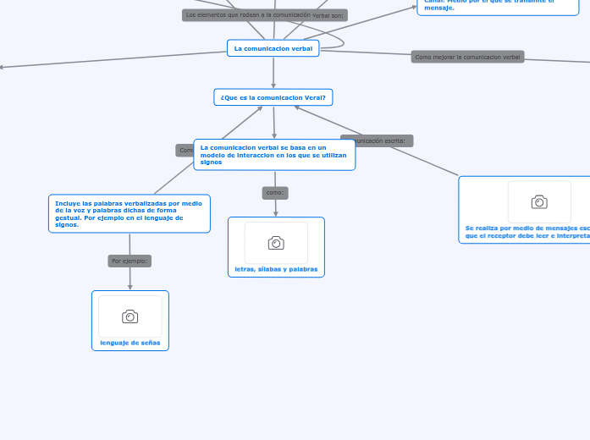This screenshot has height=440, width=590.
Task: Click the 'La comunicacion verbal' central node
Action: click(x=273, y=49)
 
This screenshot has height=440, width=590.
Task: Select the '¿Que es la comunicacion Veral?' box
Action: click(x=273, y=97)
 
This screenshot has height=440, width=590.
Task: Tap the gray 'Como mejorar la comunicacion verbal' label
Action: click(x=467, y=57)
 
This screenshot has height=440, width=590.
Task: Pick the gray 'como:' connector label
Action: click(x=275, y=193)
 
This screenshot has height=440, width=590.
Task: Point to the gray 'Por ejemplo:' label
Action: click(x=130, y=261)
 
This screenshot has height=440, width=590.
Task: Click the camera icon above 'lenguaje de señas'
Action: click(x=130, y=316)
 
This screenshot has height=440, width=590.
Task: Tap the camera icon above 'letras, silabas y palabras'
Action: click(x=276, y=243)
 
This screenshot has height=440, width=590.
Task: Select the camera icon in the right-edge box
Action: click(x=539, y=201)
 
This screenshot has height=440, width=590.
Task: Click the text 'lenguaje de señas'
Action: click(x=130, y=343)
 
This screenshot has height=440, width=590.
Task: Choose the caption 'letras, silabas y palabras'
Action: click(x=276, y=269)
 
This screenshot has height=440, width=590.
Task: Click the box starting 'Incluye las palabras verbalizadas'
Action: click(x=130, y=214)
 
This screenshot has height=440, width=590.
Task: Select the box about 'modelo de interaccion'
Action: click(x=274, y=154)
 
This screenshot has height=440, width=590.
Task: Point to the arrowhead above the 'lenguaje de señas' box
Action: click(x=130, y=287)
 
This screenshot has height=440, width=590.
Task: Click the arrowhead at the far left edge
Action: click(x=3, y=67)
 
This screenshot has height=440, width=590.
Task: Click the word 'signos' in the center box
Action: click(x=211, y=162)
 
